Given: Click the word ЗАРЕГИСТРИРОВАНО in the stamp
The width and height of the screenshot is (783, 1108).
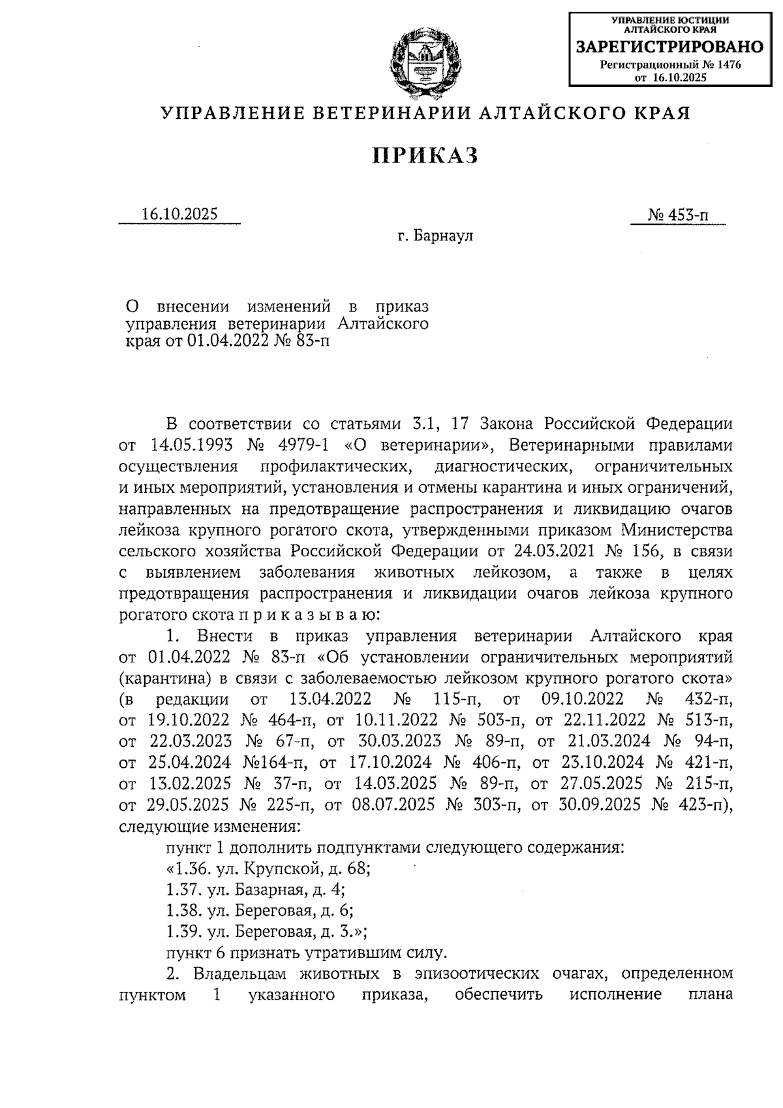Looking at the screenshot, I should click(x=669, y=47).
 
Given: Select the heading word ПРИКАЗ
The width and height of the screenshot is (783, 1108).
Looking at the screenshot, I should click(x=425, y=156).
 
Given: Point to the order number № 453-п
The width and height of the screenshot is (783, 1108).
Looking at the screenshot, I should click(x=678, y=215).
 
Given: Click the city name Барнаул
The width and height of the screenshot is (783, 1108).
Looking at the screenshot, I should click(x=444, y=236).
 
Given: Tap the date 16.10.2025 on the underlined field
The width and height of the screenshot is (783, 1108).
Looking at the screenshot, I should click(x=179, y=214).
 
